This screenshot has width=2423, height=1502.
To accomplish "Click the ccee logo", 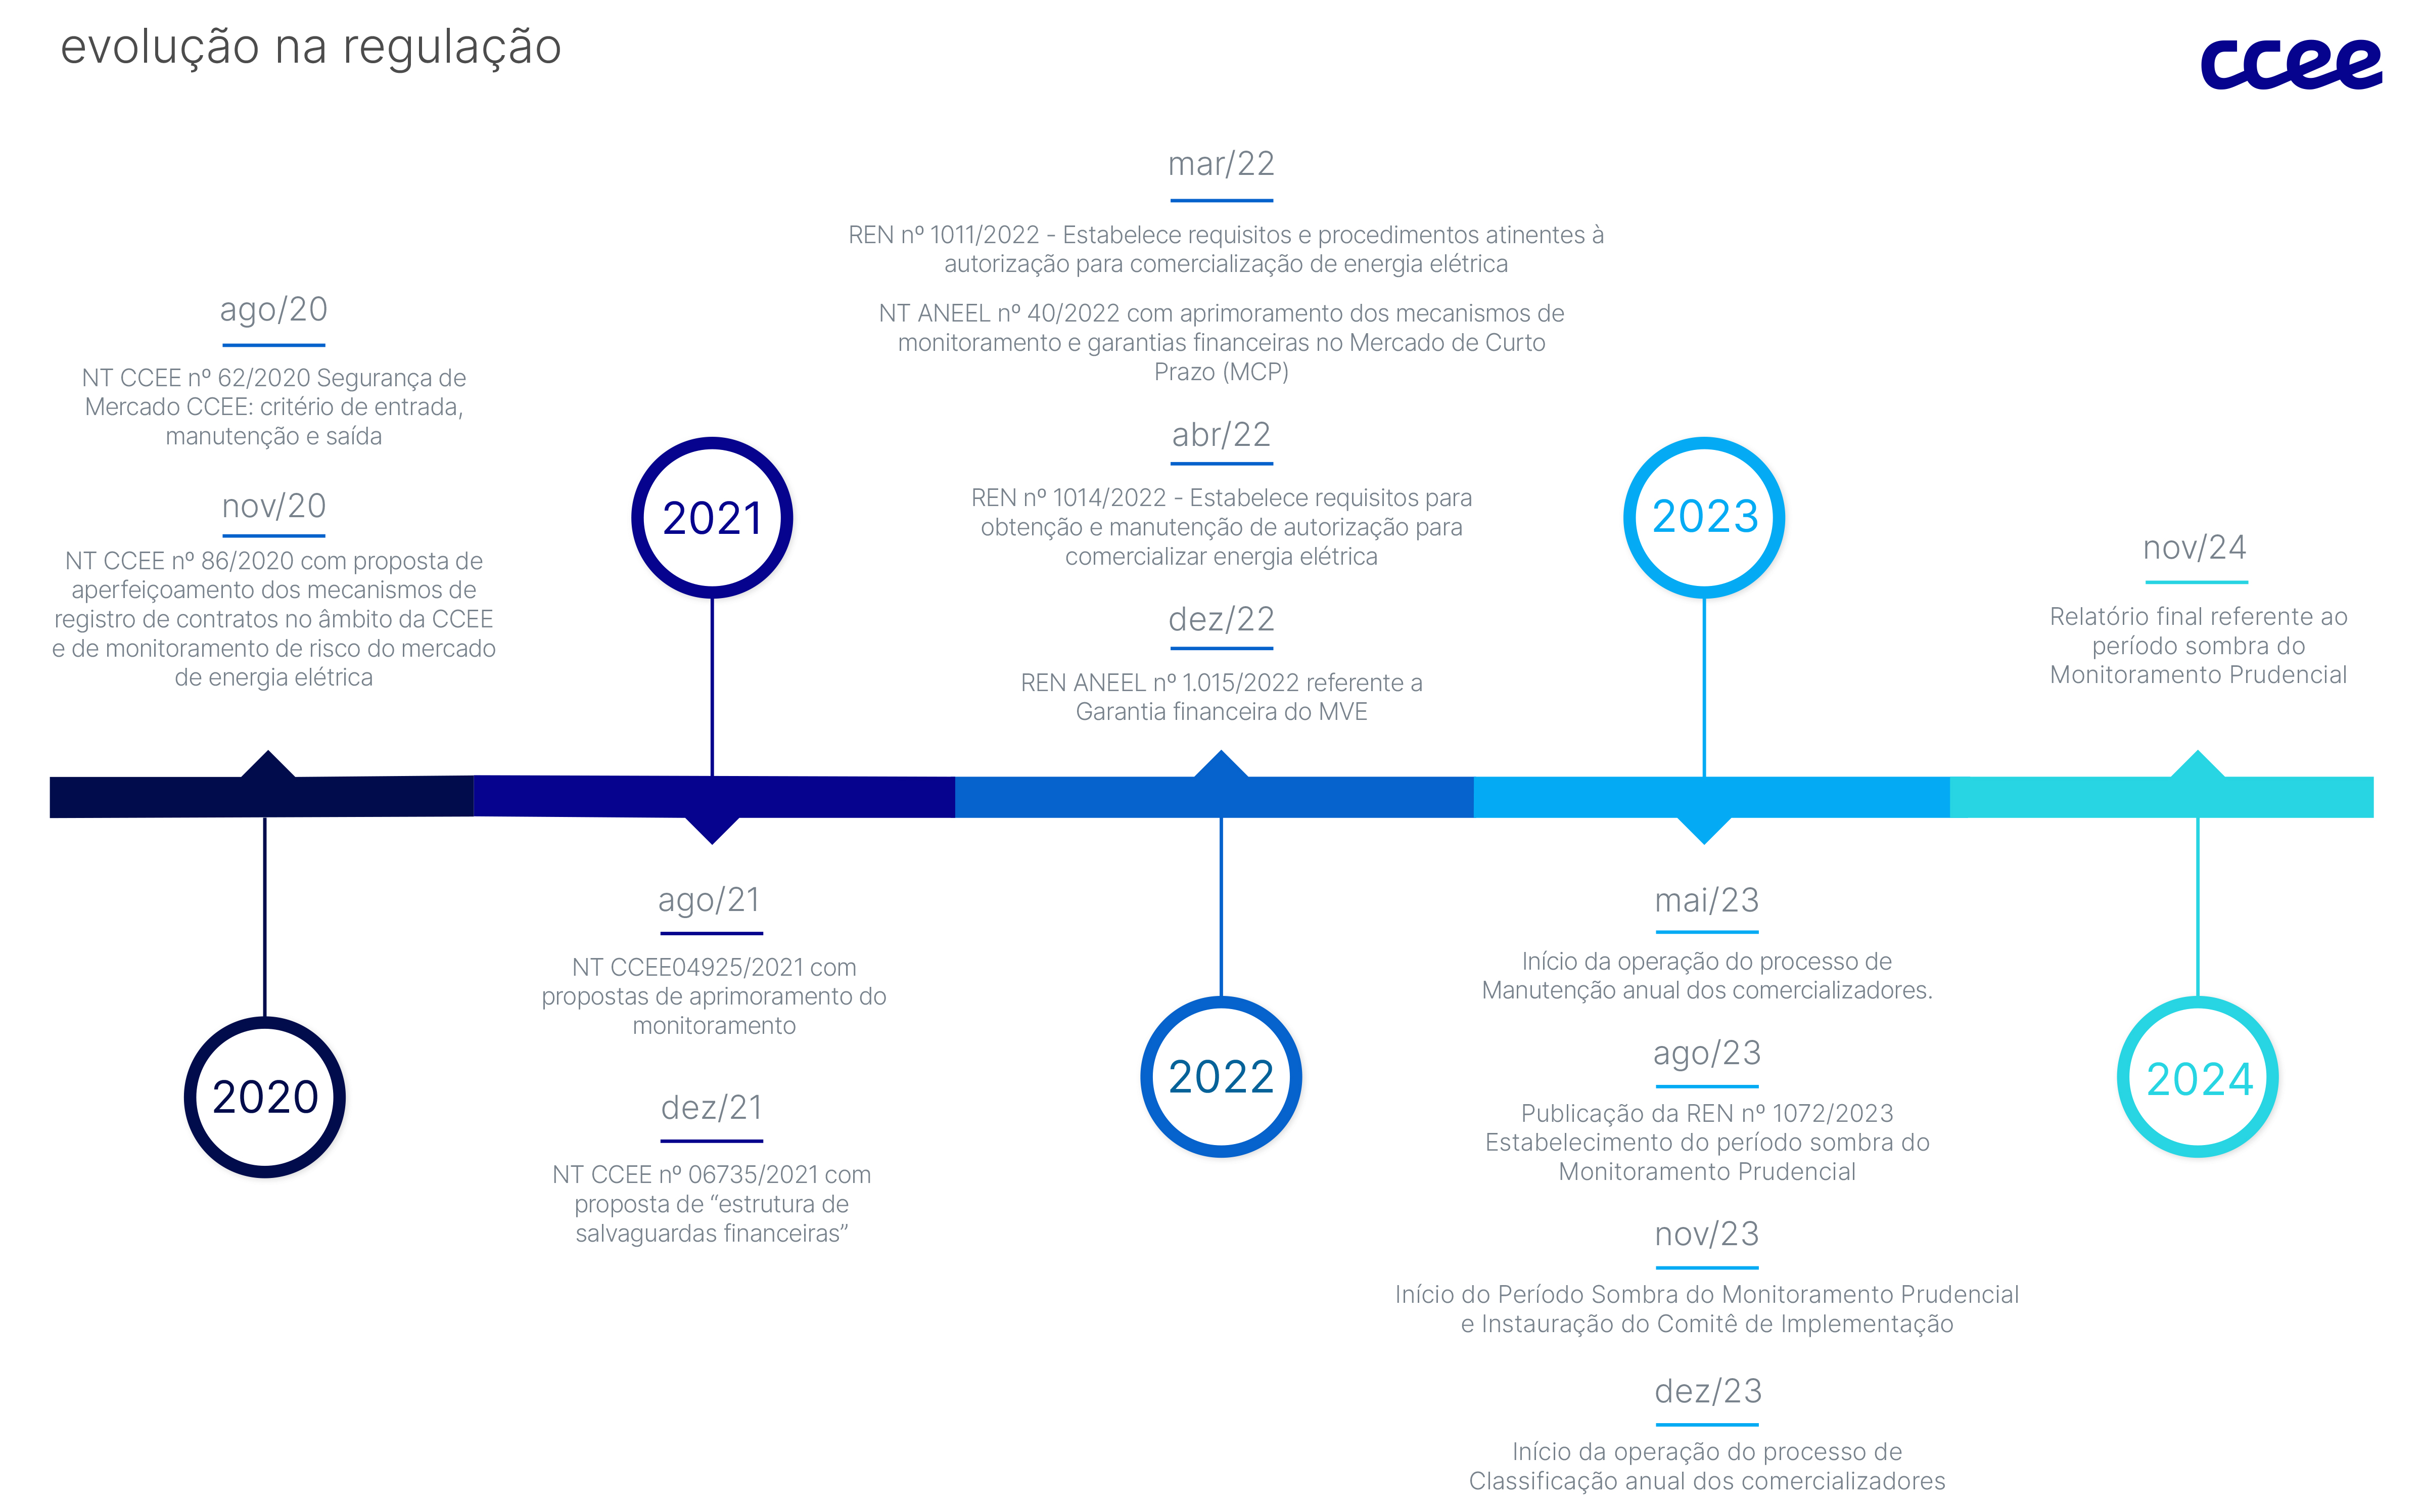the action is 2291,65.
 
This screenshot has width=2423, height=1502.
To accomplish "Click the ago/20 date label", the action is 274,310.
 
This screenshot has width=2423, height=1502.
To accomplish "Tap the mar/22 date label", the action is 1222,164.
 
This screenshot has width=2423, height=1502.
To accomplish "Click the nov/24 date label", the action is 2195,548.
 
